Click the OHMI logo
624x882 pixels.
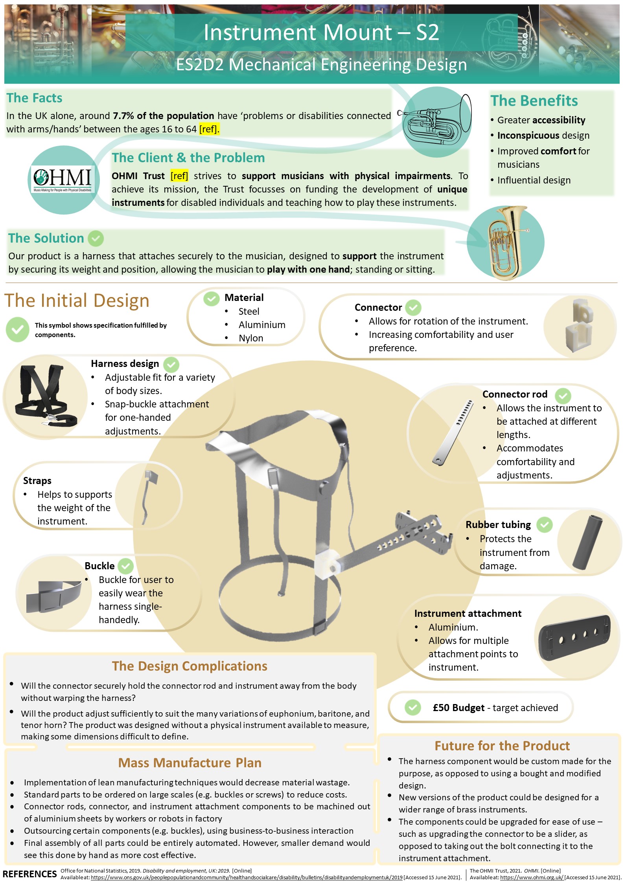63,179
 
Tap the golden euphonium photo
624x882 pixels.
506,242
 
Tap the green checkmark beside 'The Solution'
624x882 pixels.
96,238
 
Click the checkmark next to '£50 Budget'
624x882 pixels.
412,708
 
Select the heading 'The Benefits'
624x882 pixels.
534,101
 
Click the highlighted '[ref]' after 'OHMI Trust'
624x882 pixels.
179,176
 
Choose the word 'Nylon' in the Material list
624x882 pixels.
251,338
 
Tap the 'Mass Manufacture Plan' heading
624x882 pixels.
190,763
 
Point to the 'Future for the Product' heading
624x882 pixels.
502,746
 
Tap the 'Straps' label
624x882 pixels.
37,480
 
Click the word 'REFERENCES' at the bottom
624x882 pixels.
29,874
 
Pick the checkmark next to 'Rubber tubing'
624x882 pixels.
545,524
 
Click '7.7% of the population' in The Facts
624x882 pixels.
164,116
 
